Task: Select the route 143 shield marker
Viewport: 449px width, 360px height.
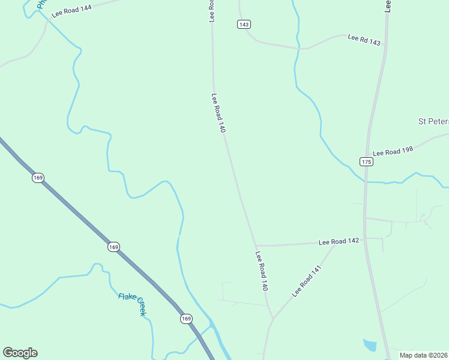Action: (x=243, y=24)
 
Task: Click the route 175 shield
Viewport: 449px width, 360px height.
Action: (x=366, y=161)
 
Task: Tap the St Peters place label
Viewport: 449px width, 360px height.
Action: (x=433, y=121)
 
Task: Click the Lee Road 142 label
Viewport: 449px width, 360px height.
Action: (x=339, y=241)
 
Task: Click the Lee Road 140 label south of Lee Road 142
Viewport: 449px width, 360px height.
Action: (x=261, y=271)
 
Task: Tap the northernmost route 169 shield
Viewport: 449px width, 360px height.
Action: (x=38, y=178)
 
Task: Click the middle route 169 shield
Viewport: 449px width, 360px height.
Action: (x=113, y=247)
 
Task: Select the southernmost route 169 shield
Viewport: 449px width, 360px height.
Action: (x=185, y=319)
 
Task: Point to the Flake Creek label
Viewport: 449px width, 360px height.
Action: (x=132, y=304)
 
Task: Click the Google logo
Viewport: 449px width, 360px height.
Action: (x=20, y=353)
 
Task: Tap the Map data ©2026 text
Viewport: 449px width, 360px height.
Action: (x=424, y=355)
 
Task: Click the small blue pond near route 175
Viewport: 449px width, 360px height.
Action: (x=370, y=344)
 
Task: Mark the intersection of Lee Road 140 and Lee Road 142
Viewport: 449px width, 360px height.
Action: (x=256, y=245)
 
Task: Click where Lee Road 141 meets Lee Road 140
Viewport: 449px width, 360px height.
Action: (x=273, y=317)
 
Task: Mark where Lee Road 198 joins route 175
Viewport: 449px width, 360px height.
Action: (x=367, y=157)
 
